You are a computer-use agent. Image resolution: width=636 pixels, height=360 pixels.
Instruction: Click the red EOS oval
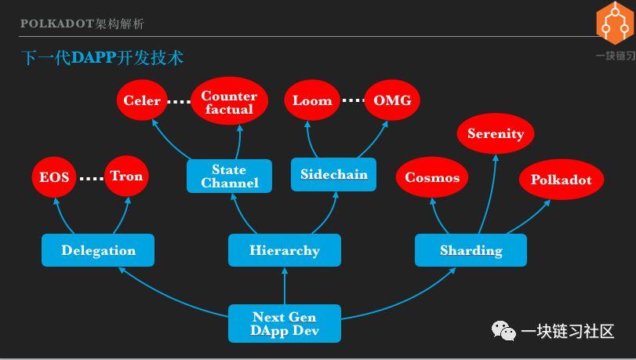55,177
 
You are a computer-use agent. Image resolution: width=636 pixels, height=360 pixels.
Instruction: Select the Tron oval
126,176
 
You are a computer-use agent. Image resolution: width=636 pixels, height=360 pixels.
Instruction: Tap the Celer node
142,100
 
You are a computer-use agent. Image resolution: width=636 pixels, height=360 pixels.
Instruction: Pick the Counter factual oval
229,102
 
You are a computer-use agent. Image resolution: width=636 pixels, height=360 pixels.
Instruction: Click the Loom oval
312,100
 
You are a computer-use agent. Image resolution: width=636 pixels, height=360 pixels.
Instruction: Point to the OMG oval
391,100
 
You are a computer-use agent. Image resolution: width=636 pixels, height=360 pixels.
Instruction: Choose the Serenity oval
496,134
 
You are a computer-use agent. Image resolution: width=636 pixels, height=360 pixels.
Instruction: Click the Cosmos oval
432,177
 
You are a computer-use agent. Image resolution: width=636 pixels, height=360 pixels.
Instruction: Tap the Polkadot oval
561,180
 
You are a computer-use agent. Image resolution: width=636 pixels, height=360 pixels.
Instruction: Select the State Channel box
229,176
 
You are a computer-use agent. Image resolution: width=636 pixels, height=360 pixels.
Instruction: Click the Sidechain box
334,174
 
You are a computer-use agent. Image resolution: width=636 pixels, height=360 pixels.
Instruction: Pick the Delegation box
98,250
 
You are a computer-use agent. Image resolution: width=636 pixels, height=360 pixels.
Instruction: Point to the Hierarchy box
285,250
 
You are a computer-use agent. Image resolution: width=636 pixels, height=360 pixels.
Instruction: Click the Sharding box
471,250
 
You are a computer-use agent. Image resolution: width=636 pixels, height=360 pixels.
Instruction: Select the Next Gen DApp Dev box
285,323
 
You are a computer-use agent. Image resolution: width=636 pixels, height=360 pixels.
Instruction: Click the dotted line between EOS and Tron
91,178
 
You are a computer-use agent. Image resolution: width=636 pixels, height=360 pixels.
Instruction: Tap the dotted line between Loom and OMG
353,100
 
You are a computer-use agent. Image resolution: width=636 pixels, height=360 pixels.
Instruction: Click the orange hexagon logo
615,22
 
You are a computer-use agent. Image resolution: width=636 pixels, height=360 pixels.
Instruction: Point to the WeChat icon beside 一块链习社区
503,332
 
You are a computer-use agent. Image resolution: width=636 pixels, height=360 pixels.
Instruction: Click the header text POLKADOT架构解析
82,24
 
